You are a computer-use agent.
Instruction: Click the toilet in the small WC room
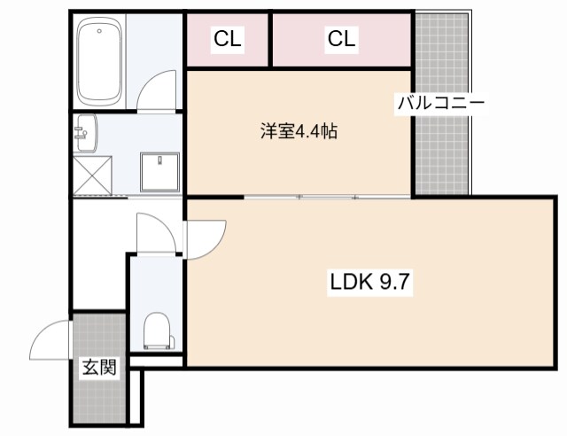coord(156,331)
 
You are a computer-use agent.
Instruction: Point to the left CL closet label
coord(226,39)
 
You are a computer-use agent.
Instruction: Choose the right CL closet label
coord(342,39)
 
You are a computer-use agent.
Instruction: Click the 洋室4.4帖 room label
coord(298,133)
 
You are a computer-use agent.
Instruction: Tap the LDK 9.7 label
coord(373,284)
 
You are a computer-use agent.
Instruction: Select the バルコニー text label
coord(440,103)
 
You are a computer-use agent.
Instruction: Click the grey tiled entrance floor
coord(98,399)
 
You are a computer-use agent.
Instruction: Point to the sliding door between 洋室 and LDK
coord(328,196)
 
